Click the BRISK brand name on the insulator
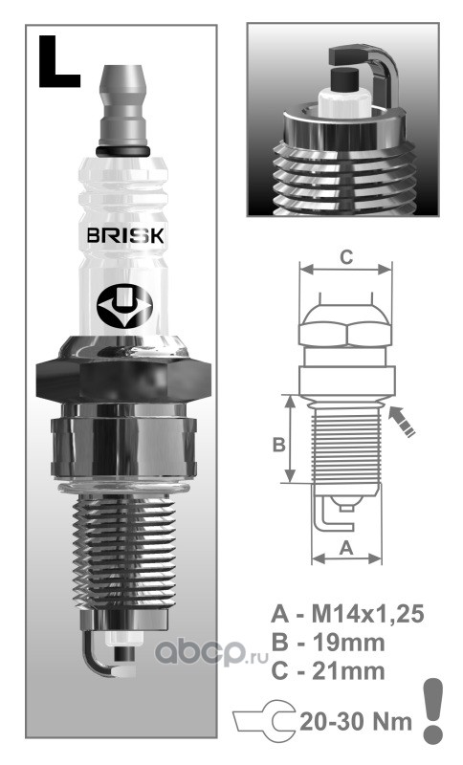(x=125, y=235)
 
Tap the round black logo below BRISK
(x=124, y=306)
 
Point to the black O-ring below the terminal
(x=122, y=151)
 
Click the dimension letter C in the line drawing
(x=346, y=256)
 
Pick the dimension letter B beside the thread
(x=278, y=445)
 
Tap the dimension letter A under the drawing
(x=346, y=548)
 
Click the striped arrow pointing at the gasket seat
(x=402, y=422)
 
